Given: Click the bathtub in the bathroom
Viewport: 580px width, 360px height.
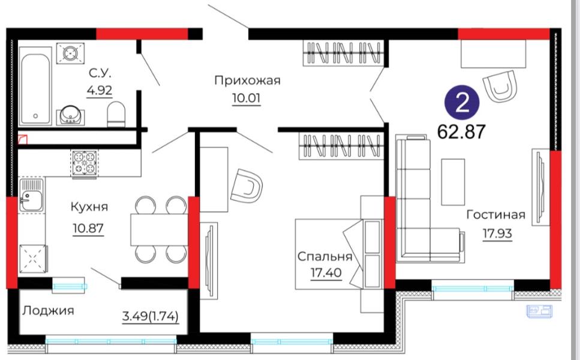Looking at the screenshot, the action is click(35, 86).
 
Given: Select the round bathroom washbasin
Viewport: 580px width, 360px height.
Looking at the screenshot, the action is click(70, 115).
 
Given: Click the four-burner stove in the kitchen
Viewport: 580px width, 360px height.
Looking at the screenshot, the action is click(85, 163).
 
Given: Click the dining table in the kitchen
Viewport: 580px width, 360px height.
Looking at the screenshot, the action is click(159, 229).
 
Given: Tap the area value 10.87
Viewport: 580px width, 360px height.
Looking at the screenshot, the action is click(88, 229).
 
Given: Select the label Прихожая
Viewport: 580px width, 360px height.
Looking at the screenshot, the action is click(248, 80).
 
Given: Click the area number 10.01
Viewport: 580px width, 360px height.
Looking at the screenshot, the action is click(247, 98).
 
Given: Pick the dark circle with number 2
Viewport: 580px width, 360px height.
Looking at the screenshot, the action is click(462, 103).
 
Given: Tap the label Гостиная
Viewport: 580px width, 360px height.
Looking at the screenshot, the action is click(495, 215).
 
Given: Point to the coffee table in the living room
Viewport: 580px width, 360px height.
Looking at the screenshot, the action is click(453, 182).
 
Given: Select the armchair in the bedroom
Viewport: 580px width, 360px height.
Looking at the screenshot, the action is click(246, 186).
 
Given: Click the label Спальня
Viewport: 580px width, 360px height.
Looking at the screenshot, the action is click(324, 256).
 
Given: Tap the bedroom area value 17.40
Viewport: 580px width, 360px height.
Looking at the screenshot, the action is click(326, 273).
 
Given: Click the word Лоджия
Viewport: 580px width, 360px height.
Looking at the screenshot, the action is click(48, 311).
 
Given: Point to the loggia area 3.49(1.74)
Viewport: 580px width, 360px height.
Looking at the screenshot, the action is click(151, 317).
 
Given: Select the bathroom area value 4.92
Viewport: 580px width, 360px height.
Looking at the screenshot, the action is click(100, 90).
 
